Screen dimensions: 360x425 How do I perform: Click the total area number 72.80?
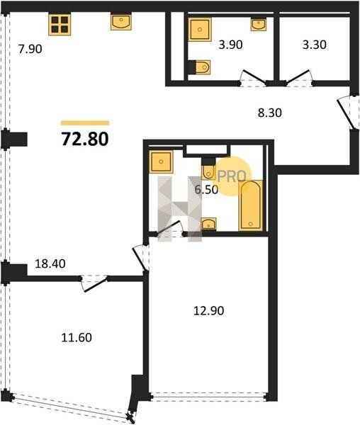[x=85, y=139]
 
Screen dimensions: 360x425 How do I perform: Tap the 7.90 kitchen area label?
[x=30, y=50]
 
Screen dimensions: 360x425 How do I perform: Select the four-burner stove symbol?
[x=60, y=25]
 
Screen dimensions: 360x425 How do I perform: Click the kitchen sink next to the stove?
[x=121, y=22]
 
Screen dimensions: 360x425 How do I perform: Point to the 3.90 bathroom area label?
[x=231, y=45]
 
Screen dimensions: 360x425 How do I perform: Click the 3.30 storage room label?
[x=315, y=45]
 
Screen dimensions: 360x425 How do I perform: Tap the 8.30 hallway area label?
[x=270, y=113]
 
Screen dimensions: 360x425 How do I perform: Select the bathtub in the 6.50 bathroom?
[x=251, y=205]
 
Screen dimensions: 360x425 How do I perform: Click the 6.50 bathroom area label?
[x=206, y=190]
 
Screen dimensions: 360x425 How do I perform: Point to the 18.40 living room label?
[x=50, y=263]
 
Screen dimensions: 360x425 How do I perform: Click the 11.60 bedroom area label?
[x=77, y=338]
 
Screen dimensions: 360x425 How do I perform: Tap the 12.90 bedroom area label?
[x=209, y=311]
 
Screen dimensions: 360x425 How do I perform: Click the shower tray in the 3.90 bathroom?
[x=200, y=30]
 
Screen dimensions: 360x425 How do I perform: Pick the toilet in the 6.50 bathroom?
[x=208, y=169]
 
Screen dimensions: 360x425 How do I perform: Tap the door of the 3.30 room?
[x=298, y=77]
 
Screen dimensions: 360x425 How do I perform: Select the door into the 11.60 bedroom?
[x=94, y=283]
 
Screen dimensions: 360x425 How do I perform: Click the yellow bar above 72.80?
[x=85, y=123]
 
